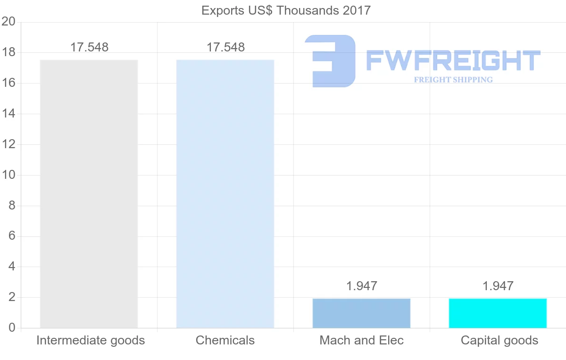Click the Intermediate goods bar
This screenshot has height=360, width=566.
pyautogui.click(x=89, y=193)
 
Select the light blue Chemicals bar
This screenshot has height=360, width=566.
pyautogui.click(x=225, y=193)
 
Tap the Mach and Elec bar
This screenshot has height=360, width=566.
pyautogui.click(x=361, y=313)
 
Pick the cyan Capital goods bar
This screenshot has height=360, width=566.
pyautogui.click(x=498, y=313)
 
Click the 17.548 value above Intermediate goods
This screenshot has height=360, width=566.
pyautogui.click(x=89, y=47)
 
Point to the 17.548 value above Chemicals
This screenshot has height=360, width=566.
pyautogui.click(x=225, y=47)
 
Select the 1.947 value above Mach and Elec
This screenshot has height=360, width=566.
pyautogui.click(x=361, y=286)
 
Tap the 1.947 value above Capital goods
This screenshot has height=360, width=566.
pyautogui.click(x=498, y=286)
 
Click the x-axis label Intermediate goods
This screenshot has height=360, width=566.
pyautogui.click(x=91, y=340)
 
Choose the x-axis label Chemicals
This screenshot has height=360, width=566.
pyautogui.click(x=225, y=340)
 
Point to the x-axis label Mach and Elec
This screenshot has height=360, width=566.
pyautogui.click(x=361, y=340)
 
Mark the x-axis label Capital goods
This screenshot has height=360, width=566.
pyautogui.click(x=499, y=340)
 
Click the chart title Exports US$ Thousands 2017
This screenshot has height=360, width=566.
pyautogui.click(x=286, y=10)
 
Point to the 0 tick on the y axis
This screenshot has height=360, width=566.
pyautogui.click(x=12, y=328)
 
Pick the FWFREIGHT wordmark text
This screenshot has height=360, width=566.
pyautogui.click(x=453, y=60)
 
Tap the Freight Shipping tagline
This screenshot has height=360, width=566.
pyautogui.click(x=453, y=80)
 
